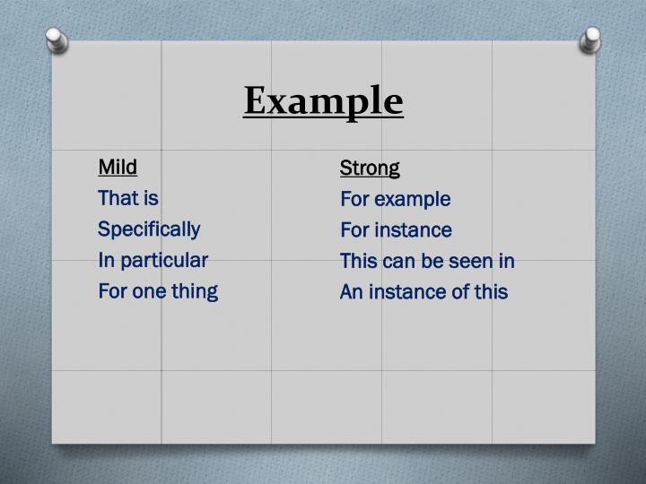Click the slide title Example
[x=323, y=100]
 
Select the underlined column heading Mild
[x=118, y=167]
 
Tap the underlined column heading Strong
[x=370, y=168]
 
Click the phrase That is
[x=127, y=198]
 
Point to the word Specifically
[x=149, y=229]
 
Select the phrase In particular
[x=153, y=260]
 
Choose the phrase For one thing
[x=158, y=291]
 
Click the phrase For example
[x=395, y=199]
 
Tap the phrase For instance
[x=396, y=230]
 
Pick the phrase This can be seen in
[x=427, y=261]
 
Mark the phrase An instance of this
[x=423, y=292]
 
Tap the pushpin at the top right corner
[x=590, y=39]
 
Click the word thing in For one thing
[x=195, y=291]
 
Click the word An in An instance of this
[x=350, y=292]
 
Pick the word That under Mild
[x=117, y=198]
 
